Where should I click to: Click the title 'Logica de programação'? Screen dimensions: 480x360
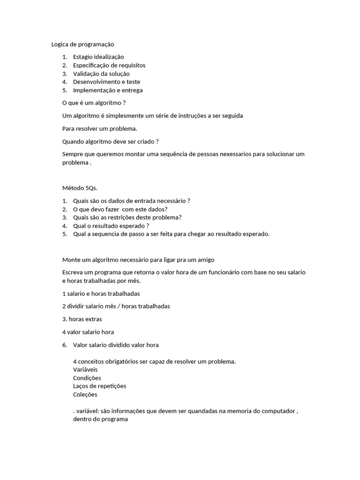click(82, 44)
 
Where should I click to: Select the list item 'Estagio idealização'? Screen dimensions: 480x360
click(98, 57)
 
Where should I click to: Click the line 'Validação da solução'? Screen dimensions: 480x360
click(101, 74)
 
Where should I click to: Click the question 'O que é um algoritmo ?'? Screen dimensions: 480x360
click(94, 103)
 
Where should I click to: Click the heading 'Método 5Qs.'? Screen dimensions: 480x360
click(80, 188)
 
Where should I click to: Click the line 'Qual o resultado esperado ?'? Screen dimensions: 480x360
click(111, 226)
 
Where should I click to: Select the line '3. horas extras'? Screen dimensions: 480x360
click(82, 319)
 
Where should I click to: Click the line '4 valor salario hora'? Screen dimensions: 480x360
click(88, 332)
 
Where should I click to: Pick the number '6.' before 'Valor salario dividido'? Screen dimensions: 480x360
click(65, 345)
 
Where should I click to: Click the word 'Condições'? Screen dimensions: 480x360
click(87, 378)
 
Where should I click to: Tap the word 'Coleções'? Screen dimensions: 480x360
click(85, 395)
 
